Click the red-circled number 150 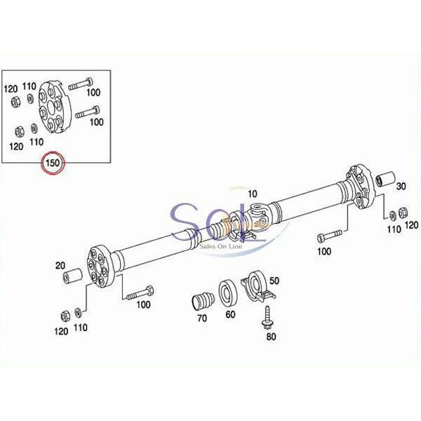53,163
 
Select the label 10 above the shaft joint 252,194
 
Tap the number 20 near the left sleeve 60,265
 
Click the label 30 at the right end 401,186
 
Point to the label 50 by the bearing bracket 274,281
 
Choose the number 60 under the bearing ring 230,314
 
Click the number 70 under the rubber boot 202,318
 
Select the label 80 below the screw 271,336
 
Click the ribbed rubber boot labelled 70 203,302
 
